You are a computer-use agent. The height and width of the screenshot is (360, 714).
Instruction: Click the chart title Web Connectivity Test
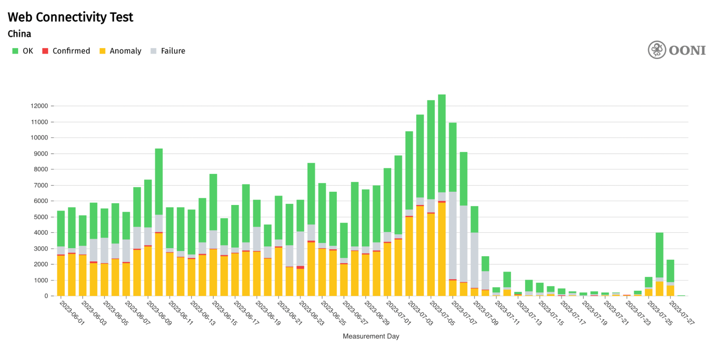(70, 17)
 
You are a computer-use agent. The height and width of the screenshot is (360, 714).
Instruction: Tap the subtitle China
(19, 34)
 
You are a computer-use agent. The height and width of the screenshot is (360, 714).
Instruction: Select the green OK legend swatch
(15, 51)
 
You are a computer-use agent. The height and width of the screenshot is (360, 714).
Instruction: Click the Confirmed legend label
(71, 51)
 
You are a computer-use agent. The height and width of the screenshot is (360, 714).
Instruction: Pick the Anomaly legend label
(125, 51)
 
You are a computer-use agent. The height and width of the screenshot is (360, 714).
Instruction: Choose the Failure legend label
(173, 51)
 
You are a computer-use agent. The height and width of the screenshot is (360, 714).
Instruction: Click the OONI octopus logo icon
(657, 50)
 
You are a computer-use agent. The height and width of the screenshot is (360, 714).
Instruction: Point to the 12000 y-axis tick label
(39, 106)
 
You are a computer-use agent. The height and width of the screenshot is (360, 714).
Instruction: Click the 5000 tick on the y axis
(41, 217)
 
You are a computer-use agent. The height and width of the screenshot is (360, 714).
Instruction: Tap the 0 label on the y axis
(46, 296)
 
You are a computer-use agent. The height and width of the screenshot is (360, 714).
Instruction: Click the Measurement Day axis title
(371, 336)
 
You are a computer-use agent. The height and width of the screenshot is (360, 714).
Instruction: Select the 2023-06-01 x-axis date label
(72, 313)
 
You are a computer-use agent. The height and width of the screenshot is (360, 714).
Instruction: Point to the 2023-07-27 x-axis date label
(681, 313)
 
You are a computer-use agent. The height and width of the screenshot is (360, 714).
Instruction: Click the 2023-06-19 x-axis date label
(268, 313)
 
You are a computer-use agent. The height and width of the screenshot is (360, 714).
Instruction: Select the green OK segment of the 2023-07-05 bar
(442, 143)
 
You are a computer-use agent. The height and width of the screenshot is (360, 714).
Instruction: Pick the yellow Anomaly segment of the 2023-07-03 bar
(420, 250)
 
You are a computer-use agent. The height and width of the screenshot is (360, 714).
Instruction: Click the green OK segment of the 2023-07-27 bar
(681, 295)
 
